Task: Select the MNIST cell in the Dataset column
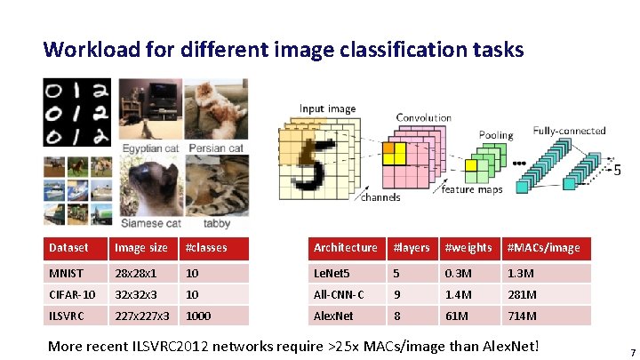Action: tap(66, 272)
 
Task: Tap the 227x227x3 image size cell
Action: tap(140, 316)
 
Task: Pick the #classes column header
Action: tap(204, 248)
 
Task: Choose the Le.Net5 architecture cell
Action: tap(333, 272)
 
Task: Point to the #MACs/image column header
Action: tap(543, 248)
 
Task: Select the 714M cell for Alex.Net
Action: tap(522, 316)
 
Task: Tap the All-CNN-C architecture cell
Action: tap(339, 294)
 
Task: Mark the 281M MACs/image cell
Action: tap(523, 294)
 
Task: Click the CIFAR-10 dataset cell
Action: tap(71, 294)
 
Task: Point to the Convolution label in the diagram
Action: tap(423, 118)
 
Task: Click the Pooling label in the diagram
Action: tap(495, 136)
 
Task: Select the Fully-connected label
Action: tap(569, 131)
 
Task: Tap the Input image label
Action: tap(327, 109)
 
